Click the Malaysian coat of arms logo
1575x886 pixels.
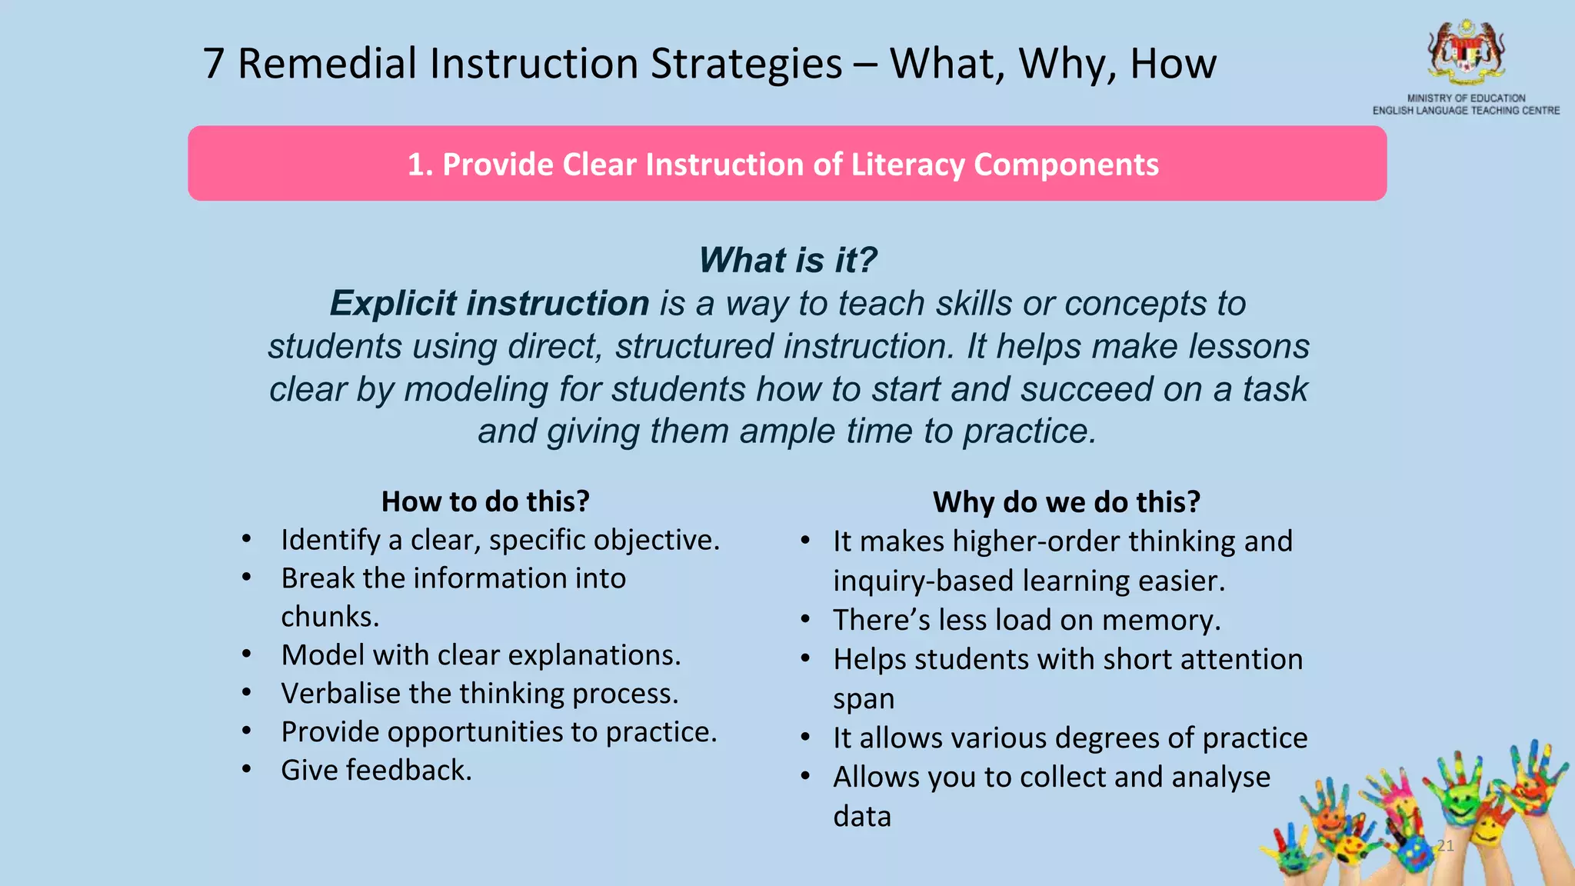click(x=1466, y=52)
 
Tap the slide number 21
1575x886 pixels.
click(x=1446, y=846)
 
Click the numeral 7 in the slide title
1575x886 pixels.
click(x=214, y=64)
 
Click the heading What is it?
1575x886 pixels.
click(x=787, y=260)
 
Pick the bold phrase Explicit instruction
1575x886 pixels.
click(x=489, y=303)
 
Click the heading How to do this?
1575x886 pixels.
click(x=485, y=501)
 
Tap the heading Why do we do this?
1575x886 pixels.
click(x=1066, y=502)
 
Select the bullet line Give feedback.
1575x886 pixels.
click(x=376, y=770)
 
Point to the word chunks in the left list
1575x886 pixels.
click(x=329, y=617)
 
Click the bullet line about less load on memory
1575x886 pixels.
click(x=1027, y=620)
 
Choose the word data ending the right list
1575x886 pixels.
click(x=862, y=816)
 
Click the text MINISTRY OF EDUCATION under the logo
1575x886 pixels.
click(x=1466, y=98)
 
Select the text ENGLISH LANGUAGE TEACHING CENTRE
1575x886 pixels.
click(x=1466, y=111)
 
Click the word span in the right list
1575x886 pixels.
click(x=864, y=699)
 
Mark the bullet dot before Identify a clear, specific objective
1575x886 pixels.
click(x=246, y=539)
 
